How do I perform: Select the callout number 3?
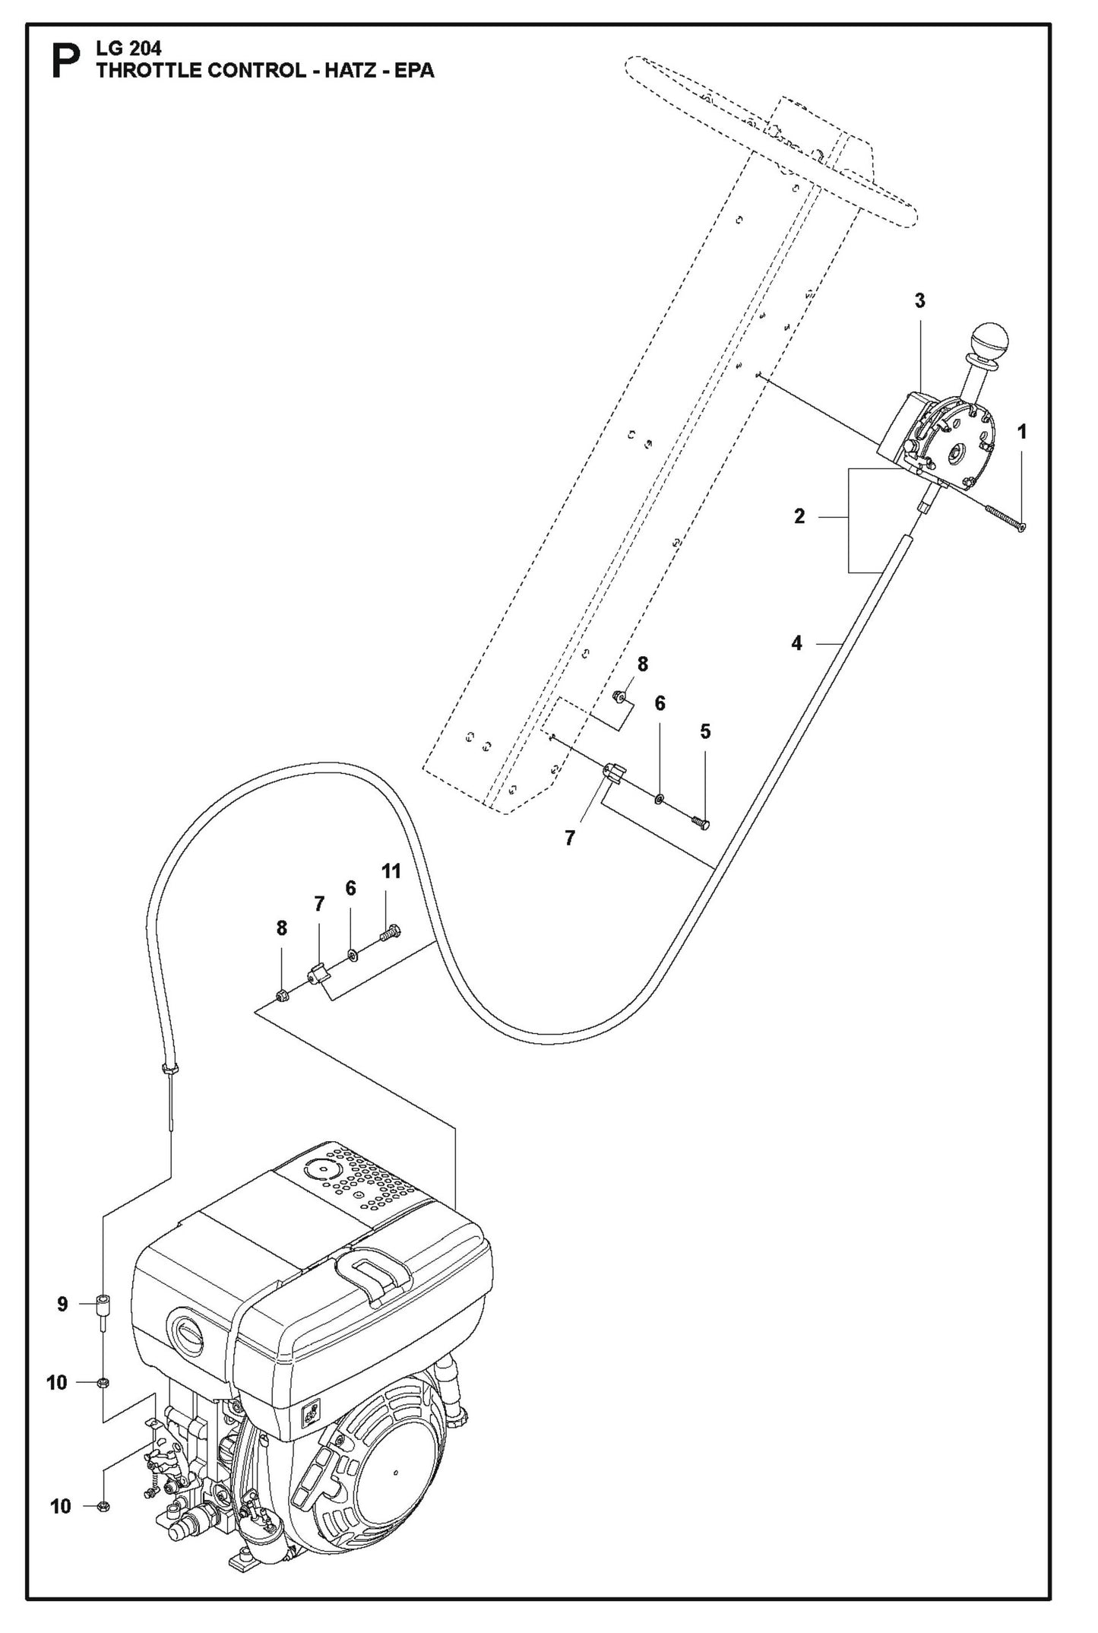(919, 301)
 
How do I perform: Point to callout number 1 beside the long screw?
(1021, 432)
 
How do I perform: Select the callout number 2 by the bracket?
(799, 517)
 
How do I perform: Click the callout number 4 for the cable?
(796, 643)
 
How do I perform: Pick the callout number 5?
(705, 731)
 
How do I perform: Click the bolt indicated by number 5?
(701, 822)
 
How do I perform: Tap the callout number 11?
(391, 871)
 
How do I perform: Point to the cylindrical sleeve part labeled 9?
(103, 1305)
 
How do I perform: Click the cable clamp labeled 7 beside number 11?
(319, 972)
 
